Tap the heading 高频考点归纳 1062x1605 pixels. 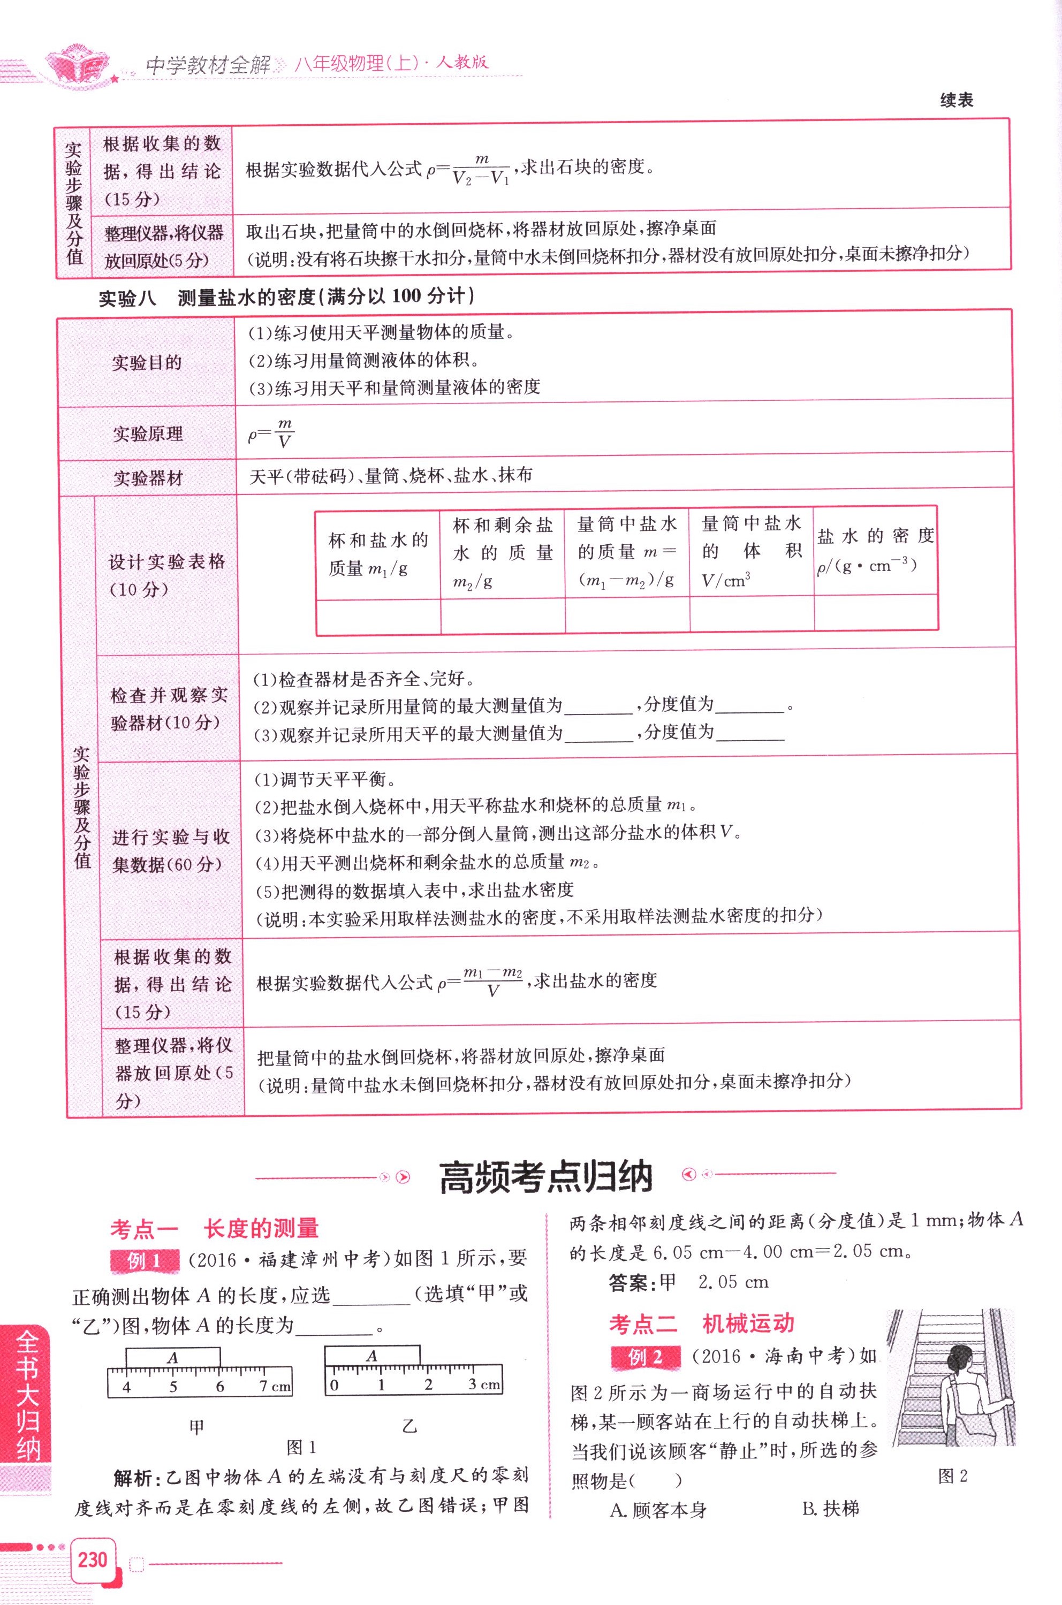(x=546, y=1177)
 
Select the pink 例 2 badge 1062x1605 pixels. (x=646, y=1357)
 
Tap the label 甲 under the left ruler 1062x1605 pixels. (x=196, y=1427)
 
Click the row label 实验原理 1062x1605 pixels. (x=148, y=434)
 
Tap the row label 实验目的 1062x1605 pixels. (x=147, y=363)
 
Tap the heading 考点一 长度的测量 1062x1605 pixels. (x=214, y=1228)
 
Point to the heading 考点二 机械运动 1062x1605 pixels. (x=701, y=1324)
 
